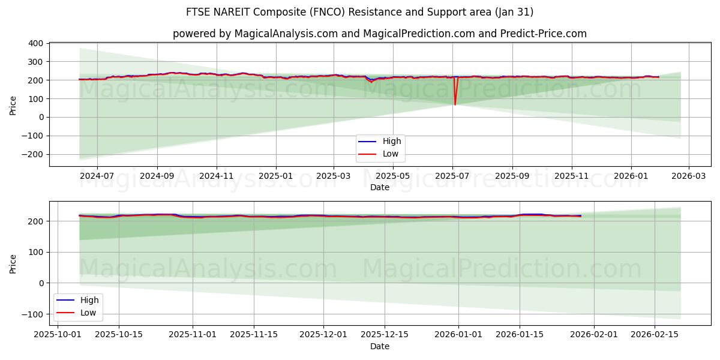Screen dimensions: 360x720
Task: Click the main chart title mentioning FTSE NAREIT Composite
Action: click(359, 12)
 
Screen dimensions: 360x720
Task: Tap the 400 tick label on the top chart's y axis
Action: click(35, 43)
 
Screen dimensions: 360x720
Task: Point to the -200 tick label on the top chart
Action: click(32, 154)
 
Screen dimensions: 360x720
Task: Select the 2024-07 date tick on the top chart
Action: click(97, 176)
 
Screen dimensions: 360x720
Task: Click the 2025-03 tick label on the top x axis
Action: click(334, 176)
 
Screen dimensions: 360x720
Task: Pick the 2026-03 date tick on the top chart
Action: click(688, 176)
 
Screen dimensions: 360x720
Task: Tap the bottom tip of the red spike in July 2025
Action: click(455, 105)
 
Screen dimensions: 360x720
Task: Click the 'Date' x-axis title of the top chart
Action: click(379, 187)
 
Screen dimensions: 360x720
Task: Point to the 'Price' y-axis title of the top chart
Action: click(13, 104)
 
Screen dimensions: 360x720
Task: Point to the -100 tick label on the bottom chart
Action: click(32, 314)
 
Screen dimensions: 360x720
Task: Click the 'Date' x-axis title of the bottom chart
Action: click(379, 346)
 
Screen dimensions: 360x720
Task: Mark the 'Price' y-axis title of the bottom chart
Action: click(13, 263)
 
